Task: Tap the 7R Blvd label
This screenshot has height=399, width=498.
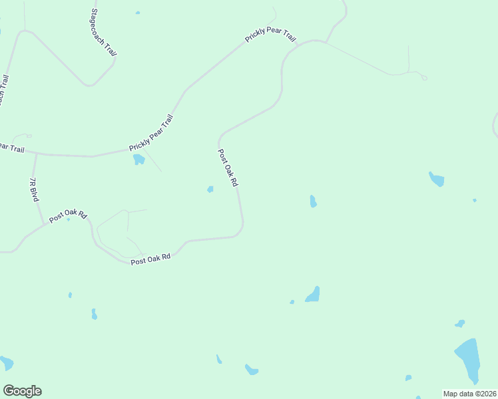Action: [34, 190]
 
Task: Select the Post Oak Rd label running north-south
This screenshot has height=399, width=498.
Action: [228, 168]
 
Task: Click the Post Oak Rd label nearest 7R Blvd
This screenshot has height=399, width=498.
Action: [68, 215]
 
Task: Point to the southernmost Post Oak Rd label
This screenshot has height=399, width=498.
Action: [150, 258]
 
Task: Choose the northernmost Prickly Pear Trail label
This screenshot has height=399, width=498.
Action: [270, 36]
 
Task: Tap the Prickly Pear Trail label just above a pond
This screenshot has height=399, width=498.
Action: [151, 132]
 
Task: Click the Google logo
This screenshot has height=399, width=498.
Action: [22, 391]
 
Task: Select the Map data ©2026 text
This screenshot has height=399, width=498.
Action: [470, 394]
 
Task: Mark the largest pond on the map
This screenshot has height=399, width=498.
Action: [468, 358]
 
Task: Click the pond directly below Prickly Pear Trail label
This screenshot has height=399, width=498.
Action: [138, 160]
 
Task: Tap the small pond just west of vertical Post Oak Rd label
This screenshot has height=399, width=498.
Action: [210, 190]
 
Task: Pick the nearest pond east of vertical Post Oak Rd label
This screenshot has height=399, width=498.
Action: [313, 201]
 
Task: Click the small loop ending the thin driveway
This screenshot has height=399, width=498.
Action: [424, 78]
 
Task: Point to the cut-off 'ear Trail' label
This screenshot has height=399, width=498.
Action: [11, 148]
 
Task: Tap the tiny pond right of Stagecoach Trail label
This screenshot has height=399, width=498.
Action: [138, 12]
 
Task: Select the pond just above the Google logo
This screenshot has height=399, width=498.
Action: [6, 363]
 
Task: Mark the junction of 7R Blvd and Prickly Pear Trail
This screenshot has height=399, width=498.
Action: [35, 154]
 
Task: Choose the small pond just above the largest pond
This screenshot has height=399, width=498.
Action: [459, 324]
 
